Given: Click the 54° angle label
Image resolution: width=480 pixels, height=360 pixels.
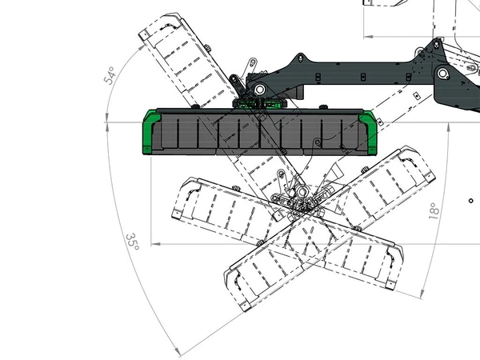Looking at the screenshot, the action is tap(110, 75).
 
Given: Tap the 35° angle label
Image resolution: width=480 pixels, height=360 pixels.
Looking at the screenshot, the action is tap(133, 242).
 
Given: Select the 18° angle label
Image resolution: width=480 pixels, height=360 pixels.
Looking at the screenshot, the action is tap(434, 210).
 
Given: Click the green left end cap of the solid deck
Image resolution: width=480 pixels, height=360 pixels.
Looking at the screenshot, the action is tap(151, 132).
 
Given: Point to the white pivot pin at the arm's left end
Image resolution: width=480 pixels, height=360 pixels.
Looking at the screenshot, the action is tap(259, 90).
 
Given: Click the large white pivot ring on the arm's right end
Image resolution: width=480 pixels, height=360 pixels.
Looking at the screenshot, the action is tap(442, 74).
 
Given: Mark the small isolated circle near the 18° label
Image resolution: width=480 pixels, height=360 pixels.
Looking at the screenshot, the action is tap(471, 201).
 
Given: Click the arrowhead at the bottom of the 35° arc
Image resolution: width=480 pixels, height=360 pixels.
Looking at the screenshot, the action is tap(177, 351).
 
